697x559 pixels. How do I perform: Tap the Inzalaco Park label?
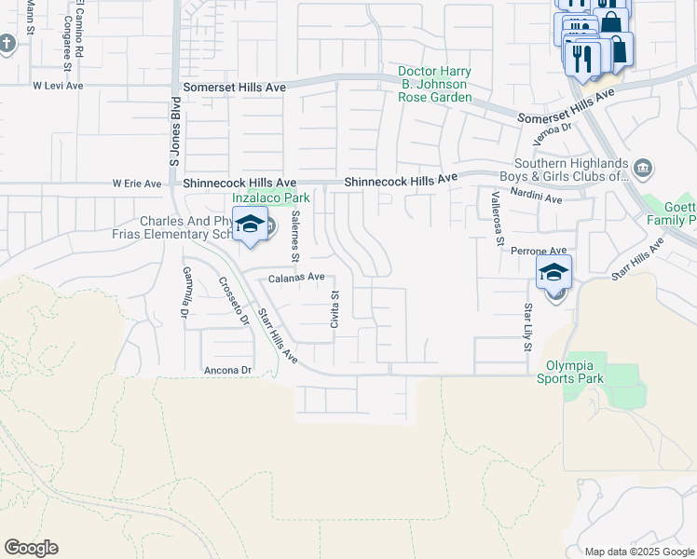(x=270, y=198)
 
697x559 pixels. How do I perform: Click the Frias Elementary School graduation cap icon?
(x=250, y=225)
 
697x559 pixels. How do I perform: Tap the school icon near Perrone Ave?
(x=553, y=273)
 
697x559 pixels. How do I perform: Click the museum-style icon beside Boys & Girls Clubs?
(x=643, y=169)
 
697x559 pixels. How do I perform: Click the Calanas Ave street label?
(x=296, y=277)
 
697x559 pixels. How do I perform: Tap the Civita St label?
(x=335, y=307)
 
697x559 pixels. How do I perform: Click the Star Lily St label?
(x=526, y=326)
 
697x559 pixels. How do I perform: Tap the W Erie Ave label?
(x=137, y=184)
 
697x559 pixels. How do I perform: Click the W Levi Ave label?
(x=58, y=85)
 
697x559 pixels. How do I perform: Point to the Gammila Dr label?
(x=185, y=288)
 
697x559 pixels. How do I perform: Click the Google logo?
(x=31, y=547)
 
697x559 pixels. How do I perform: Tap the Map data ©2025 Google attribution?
(x=638, y=551)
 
